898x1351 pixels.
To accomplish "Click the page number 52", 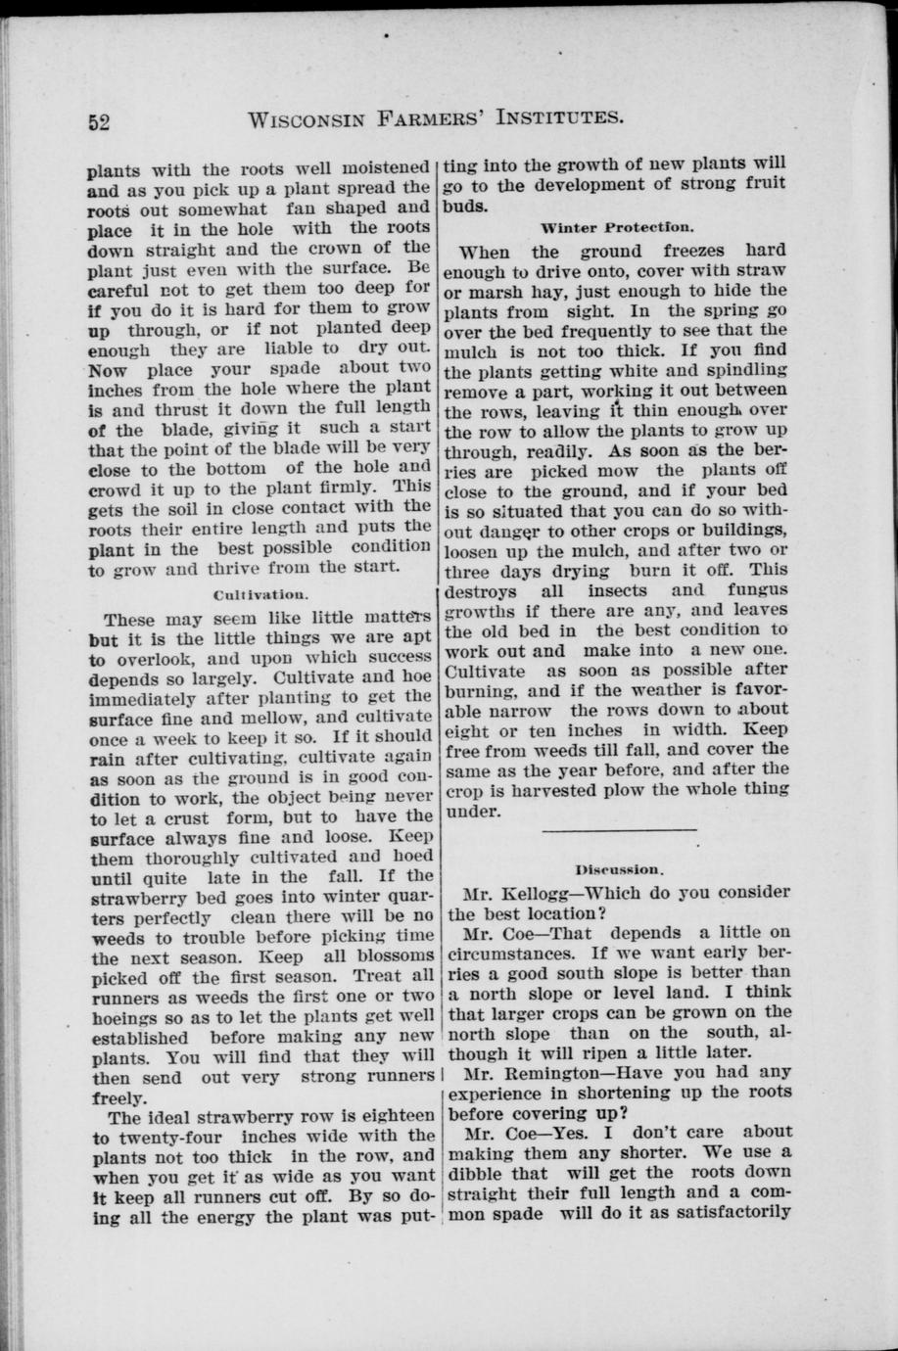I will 98,122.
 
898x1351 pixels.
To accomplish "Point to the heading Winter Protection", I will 617,227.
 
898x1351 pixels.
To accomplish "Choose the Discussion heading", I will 620,868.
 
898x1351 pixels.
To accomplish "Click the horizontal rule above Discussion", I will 619,831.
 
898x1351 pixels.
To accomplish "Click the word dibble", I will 476,1173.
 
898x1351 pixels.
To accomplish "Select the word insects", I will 617,591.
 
